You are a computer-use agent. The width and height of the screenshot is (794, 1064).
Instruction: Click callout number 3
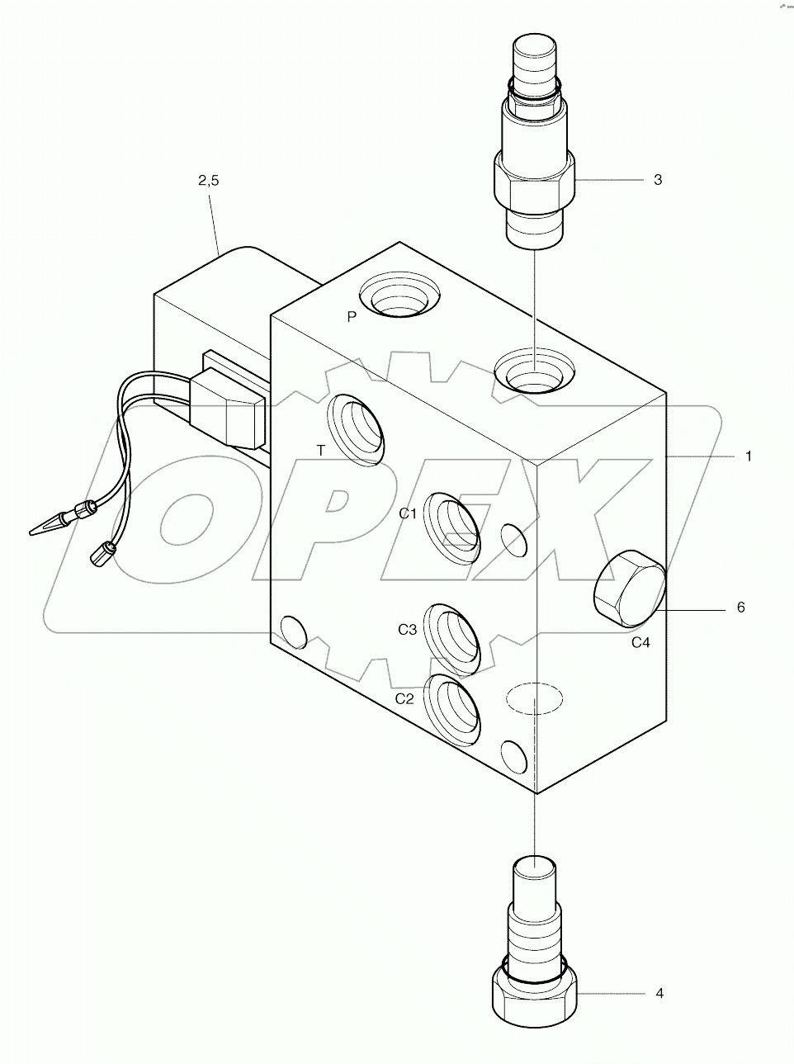(x=657, y=179)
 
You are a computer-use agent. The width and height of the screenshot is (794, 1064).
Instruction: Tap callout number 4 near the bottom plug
(x=659, y=993)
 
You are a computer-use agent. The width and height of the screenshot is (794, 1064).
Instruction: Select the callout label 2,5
(x=209, y=182)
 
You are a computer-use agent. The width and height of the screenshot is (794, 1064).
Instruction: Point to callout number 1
(x=748, y=456)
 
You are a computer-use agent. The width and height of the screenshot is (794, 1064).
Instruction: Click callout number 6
(x=740, y=608)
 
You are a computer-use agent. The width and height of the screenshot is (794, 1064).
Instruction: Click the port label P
(x=352, y=317)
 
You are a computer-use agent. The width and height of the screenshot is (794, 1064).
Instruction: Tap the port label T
(x=320, y=449)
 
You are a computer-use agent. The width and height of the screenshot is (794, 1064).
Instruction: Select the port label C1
(x=408, y=513)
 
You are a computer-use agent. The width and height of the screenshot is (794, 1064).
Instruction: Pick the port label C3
(x=407, y=630)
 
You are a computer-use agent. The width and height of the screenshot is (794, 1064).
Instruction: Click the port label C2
(x=404, y=698)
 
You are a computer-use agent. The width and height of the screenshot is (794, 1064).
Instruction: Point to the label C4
(x=640, y=642)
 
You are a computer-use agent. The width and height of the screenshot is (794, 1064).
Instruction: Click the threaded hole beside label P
(x=400, y=296)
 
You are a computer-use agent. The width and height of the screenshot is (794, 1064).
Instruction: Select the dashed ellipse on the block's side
(x=535, y=698)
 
